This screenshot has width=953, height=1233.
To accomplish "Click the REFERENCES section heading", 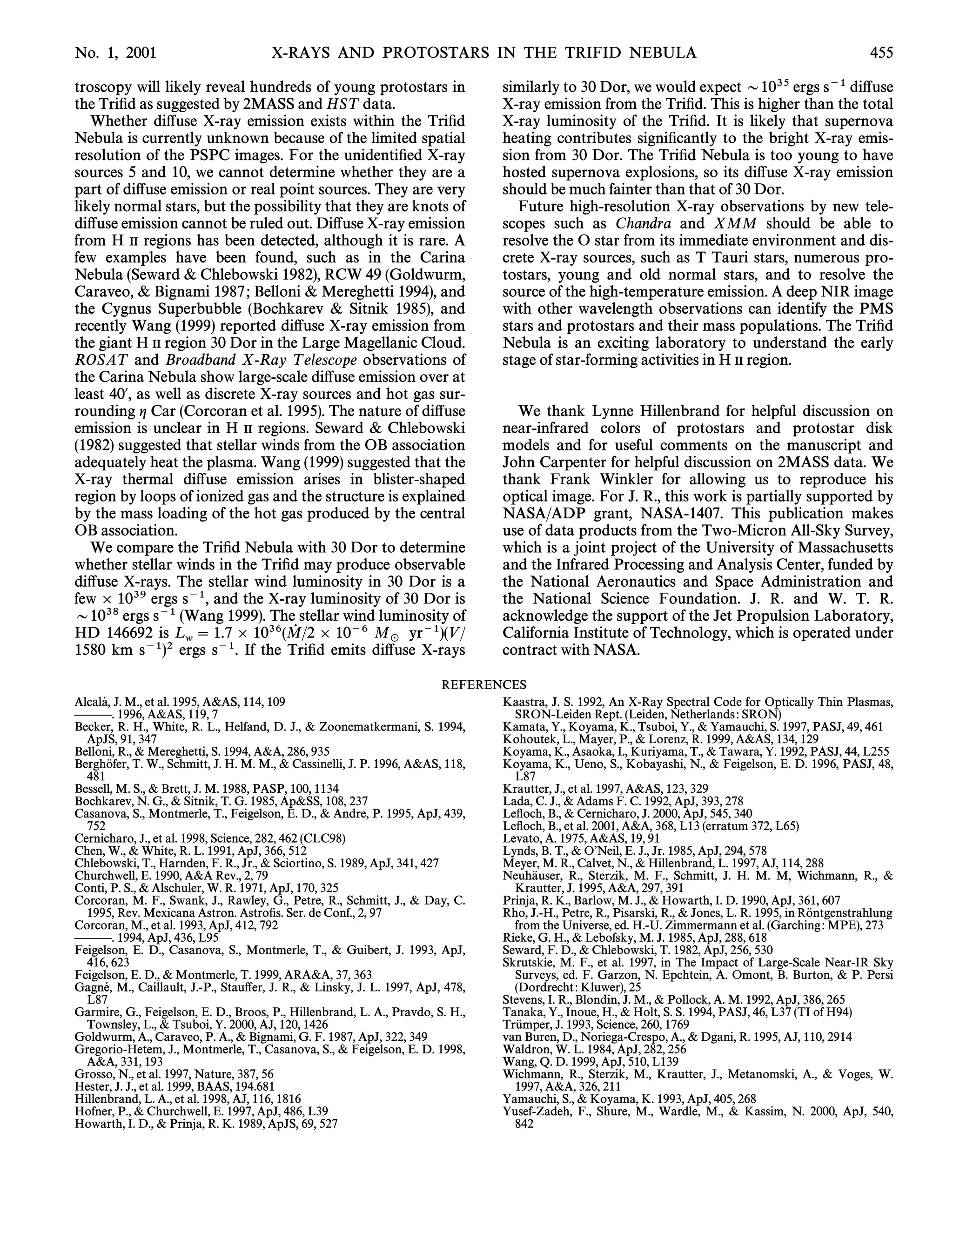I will click(484, 685).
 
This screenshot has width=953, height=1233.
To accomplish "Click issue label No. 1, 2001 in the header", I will click(115, 53).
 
